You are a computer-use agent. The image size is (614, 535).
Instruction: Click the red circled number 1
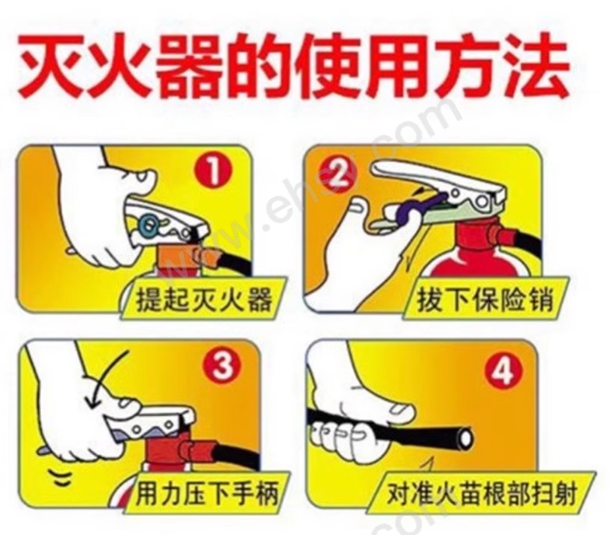(214, 170)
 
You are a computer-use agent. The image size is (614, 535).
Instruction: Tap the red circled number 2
(339, 173)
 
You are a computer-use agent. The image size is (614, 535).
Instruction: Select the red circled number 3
(222, 366)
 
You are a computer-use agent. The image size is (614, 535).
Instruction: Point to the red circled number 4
(503, 370)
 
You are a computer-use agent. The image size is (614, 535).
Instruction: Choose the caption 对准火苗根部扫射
(482, 495)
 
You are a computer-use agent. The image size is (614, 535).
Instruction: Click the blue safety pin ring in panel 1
(150, 225)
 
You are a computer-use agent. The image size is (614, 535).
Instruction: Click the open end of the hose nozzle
(466, 439)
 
